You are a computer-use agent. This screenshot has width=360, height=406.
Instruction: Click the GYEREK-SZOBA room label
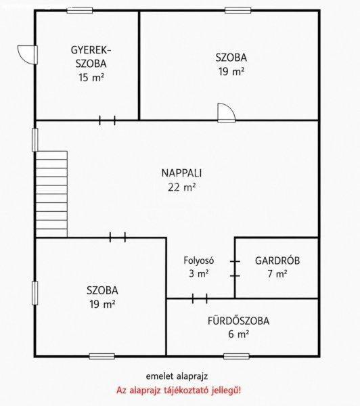pos(91,57)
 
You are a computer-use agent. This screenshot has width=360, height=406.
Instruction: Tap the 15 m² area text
pos(91,77)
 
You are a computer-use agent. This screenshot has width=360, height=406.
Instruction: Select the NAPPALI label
pos(181,173)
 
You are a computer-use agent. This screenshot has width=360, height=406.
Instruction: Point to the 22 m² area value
pos(181,187)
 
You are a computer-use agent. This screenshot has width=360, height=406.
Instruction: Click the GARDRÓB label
pos(277,261)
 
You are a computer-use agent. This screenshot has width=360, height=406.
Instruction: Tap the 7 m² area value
pos(277,273)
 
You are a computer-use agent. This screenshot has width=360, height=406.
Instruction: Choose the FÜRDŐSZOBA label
pos(238,321)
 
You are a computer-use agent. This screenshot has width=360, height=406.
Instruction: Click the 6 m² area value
pos(238,334)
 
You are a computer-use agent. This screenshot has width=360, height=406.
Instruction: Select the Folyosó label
pos(199,261)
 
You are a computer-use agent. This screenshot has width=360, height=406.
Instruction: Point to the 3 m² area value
pos(199,273)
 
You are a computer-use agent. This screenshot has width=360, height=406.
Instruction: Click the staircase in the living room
pos(51,194)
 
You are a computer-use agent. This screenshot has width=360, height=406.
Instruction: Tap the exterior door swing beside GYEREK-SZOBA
pos(28,55)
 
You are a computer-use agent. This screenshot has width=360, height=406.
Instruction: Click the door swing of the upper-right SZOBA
pos(227,112)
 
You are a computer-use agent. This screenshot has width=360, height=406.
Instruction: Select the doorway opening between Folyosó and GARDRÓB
pos(235,269)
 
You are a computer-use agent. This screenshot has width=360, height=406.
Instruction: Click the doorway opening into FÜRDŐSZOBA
pos(200,298)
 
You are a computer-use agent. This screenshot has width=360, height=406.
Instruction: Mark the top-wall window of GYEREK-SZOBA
pos(80,10)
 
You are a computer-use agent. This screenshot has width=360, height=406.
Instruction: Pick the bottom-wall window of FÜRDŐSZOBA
pos(236,357)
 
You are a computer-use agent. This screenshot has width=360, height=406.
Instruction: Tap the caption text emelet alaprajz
pos(177,376)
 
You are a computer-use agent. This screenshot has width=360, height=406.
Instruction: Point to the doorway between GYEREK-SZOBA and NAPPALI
pos(107,120)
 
